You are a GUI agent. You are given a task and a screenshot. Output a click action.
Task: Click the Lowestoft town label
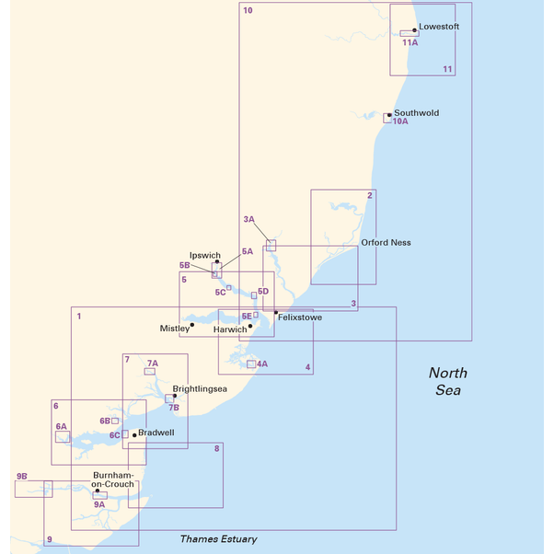click(438, 27)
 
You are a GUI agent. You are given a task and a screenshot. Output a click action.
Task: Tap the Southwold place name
click(416, 113)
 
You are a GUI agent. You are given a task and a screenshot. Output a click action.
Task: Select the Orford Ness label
click(386, 243)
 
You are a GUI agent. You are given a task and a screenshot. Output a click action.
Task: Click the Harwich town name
click(229, 329)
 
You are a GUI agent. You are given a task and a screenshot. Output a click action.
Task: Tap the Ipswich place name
click(204, 255)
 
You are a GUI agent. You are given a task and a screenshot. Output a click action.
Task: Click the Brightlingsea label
click(200, 389)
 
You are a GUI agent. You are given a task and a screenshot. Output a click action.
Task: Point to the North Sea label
click(447, 381)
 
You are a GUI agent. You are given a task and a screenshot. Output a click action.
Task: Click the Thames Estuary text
click(218, 539)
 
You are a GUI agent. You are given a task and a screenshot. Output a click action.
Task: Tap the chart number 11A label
click(410, 42)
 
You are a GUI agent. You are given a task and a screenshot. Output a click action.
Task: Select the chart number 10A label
click(399, 121)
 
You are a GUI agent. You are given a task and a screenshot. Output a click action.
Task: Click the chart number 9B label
click(22, 476)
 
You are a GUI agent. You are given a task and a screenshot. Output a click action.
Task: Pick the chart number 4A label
click(261, 364)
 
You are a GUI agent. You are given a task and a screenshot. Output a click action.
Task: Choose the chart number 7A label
click(152, 364)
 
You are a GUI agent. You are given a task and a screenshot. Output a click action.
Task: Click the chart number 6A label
click(61, 427)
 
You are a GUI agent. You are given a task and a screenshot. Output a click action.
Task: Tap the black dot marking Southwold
click(389, 115)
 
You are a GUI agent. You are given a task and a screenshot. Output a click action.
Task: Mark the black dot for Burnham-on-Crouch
click(98, 491)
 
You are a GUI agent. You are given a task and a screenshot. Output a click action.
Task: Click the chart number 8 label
click(216, 448)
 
